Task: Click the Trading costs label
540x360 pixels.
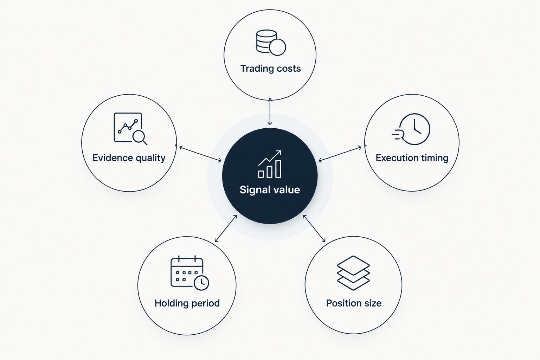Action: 270,69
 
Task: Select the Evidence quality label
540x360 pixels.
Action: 129,158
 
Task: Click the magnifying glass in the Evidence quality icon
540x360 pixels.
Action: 139,137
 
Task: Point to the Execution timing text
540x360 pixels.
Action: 412,158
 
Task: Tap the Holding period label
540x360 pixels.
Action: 187,303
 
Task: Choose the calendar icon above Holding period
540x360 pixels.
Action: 190,273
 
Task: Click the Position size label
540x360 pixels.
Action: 354,303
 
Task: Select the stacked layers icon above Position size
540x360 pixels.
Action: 353,273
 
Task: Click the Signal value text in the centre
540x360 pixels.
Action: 270,190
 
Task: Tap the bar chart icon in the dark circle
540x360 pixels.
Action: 270,164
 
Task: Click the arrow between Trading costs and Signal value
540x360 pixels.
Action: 270,111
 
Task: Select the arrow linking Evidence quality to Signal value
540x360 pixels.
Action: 200,154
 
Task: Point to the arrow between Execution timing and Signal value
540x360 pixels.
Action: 340,154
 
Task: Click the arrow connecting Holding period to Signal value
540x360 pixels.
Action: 226,229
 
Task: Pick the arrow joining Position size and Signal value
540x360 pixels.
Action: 314,229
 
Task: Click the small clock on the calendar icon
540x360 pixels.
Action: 201,283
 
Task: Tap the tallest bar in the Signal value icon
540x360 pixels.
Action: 278,169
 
